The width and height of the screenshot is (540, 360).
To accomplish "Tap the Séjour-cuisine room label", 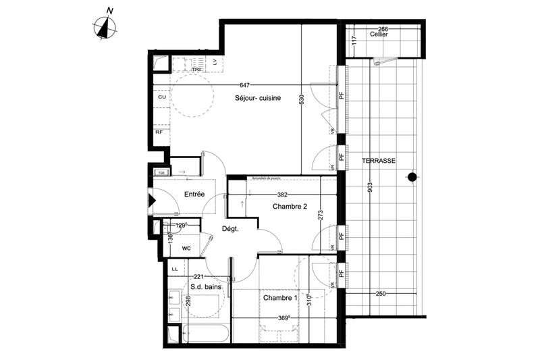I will tap(258, 98).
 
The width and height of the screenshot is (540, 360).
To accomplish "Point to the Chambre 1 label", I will tap(280, 298).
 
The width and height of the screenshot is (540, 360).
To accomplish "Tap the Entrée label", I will tap(191, 194).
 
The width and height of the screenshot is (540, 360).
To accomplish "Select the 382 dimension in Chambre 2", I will tap(274, 195).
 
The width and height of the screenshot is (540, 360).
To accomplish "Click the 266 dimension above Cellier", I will tap(383, 28).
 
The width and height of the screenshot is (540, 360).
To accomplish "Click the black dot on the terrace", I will tap(411, 177).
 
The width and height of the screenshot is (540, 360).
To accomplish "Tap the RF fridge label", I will tap(159, 132).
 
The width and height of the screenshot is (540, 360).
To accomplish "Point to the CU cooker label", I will tap(161, 97).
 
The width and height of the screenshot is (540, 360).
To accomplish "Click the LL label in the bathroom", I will tap(175, 269).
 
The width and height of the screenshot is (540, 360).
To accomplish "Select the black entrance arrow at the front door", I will tap(152, 200).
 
